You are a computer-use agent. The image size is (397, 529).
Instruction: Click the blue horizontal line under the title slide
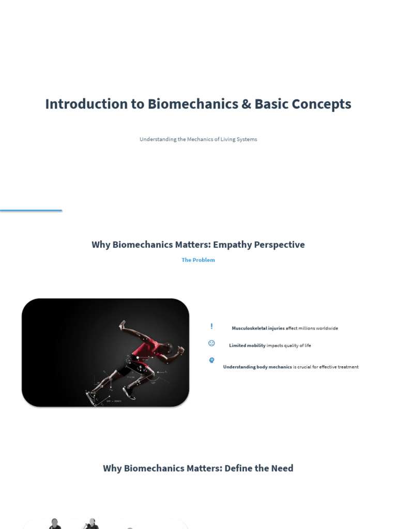(x=31, y=210)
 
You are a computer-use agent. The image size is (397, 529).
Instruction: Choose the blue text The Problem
(x=198, y=260)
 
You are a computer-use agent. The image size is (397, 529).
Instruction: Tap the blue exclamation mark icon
(x=211, y=326)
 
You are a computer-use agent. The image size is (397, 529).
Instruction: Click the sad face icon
(x=211, y=343)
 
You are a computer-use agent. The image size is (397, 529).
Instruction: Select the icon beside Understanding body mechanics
(x=211, y=360)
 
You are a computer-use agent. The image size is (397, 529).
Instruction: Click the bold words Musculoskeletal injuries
(x=258, y=328)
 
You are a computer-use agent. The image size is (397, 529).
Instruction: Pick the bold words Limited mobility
(x=247, y=346)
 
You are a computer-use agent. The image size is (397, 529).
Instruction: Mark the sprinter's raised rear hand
(x=123, y=325)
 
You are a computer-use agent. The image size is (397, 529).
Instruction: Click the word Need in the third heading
(x=282, y=468)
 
